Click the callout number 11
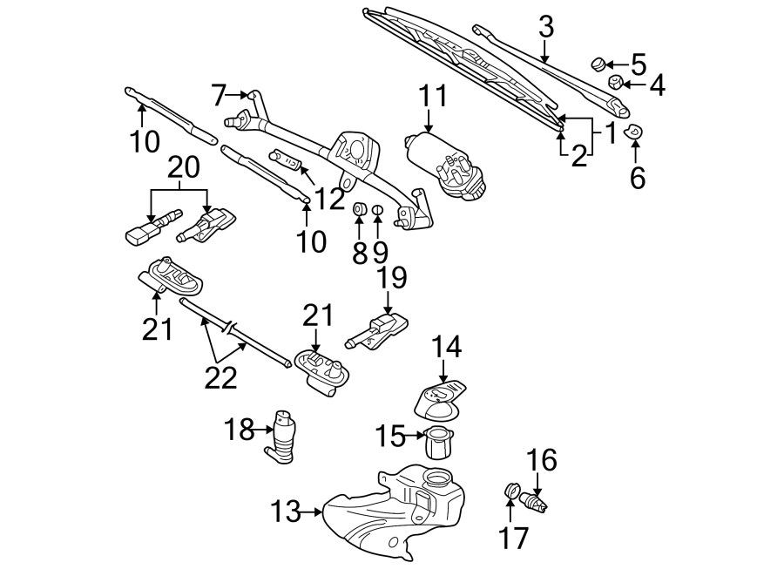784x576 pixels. [x=433, y=96]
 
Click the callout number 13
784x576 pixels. [x=287, y=512]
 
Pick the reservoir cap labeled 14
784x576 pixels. [x=441, y=396]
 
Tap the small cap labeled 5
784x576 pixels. [x=598, y=63]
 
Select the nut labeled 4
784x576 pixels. [x=616, y=84]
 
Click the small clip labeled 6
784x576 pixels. [x=636, y=132]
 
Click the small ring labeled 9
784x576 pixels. [x=377, y=210]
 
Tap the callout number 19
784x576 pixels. [x=392, y=279]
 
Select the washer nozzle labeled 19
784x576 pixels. [x=376, y=329]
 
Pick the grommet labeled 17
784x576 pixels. [x=511, y=493]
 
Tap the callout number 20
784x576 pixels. [x=184, y=166]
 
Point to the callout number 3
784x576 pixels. [x=546, y=27]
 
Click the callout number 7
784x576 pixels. [x=219, y=92]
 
